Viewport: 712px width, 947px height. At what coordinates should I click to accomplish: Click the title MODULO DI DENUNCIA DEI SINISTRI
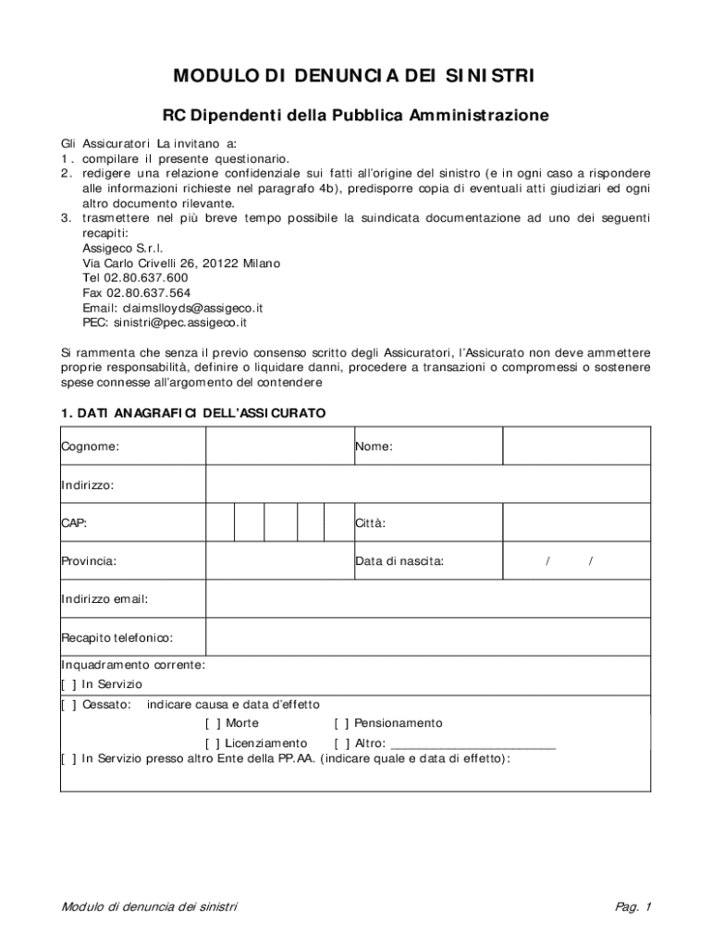[x=355, y=75]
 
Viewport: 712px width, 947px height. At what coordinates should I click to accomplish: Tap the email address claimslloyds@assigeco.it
[x=193, y=308]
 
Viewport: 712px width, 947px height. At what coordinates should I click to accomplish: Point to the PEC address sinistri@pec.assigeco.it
[x=180, y=323]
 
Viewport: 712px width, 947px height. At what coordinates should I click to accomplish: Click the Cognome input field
[x=278, y=447]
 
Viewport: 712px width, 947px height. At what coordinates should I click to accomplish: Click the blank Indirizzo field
[x=427, y=485]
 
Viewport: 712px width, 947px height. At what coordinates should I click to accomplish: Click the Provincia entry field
[x=278, y=560]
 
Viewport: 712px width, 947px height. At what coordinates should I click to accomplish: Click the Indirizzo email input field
[x=427, y=598]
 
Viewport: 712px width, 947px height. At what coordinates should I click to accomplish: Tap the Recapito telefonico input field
[x=427, y=637]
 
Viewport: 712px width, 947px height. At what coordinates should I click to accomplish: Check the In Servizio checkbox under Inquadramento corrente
[x=68, y=684]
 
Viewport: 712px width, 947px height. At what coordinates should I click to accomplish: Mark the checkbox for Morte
[x=213, y=723]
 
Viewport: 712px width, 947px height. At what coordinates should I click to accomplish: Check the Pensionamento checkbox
[x=341, y=723]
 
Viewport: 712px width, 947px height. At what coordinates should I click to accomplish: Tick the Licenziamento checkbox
[x=213, y=744]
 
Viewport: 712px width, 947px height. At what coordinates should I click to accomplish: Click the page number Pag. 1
[x=633, y=906]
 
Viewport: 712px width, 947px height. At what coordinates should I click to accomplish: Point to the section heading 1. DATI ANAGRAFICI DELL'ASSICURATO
[x=193, y=413]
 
